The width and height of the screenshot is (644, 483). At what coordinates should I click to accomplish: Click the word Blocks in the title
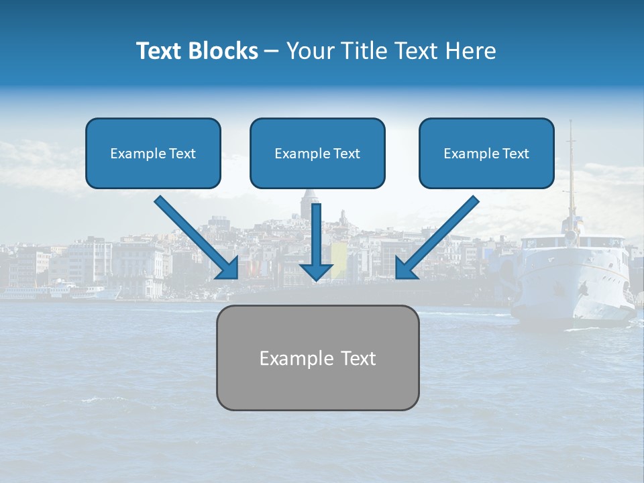[225, 51]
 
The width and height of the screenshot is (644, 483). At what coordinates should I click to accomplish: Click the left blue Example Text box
[153, 153]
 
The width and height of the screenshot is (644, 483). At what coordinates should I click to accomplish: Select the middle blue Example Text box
[317, 153]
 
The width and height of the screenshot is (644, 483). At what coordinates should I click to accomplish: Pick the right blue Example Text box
[486, 153]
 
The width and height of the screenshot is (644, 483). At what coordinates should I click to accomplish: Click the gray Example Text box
[317, 358]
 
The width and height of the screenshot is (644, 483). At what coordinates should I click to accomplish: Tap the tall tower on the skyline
[309, 201]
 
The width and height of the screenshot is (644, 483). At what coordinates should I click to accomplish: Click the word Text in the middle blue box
[346, 154]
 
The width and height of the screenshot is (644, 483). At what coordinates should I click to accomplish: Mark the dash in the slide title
[272, 52]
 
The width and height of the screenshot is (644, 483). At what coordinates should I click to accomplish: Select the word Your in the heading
[305, 51]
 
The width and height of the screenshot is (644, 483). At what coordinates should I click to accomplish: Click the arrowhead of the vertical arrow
[316, 271]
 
